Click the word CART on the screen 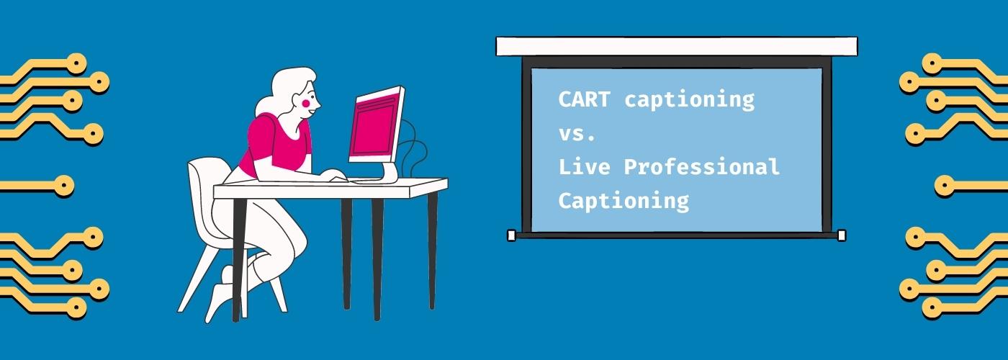tap(584, 99)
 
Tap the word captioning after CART tap(689, 101)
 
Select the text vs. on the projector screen tap(577, 134)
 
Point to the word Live tap(584, 166)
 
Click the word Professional tap(701, 166)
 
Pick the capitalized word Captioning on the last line tap(624, 201)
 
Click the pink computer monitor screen tap(375, 125)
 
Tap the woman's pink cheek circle tap(306, 104)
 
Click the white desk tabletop tap(330, 188)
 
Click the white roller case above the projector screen tap(677, 47)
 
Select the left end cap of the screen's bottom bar tap(512, 235)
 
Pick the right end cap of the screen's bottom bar tap(842, 235)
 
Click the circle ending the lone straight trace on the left tap(64, 186)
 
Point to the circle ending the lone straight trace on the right tap(945, 186)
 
